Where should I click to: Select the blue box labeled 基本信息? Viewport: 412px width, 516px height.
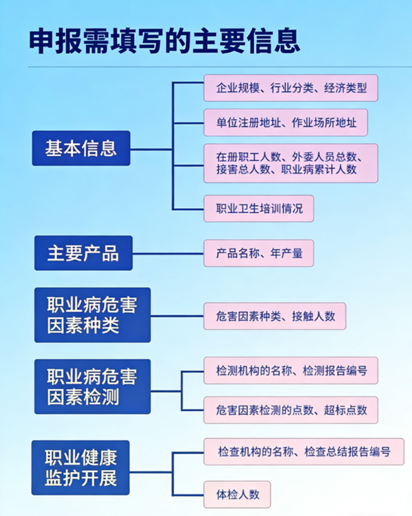click(x=81, y=148)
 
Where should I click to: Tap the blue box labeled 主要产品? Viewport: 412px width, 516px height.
click(x=83, y=253)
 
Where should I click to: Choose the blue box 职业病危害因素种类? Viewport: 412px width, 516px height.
click(x=92, y=314)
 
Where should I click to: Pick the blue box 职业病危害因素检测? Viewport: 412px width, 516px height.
click(x=92, y=386)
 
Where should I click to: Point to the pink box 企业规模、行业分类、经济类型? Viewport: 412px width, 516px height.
click(x=290, y=88)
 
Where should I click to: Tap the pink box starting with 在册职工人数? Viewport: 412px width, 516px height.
click(x=290, y=163)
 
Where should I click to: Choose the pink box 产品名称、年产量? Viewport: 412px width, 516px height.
click(x=259, y=253)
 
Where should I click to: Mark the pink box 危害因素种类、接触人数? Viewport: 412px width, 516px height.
click(x=275, y=316)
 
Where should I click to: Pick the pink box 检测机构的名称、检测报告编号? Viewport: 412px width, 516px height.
click(x=290, y=371)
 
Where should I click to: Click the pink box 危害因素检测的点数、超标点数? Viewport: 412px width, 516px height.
click(x=290, y=410)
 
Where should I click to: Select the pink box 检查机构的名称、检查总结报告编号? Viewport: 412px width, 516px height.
click(x=304, y=451)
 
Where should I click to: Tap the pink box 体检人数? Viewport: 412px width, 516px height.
click(x=237, y=494)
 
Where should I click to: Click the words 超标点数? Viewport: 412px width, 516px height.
click(x=345, y=410)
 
